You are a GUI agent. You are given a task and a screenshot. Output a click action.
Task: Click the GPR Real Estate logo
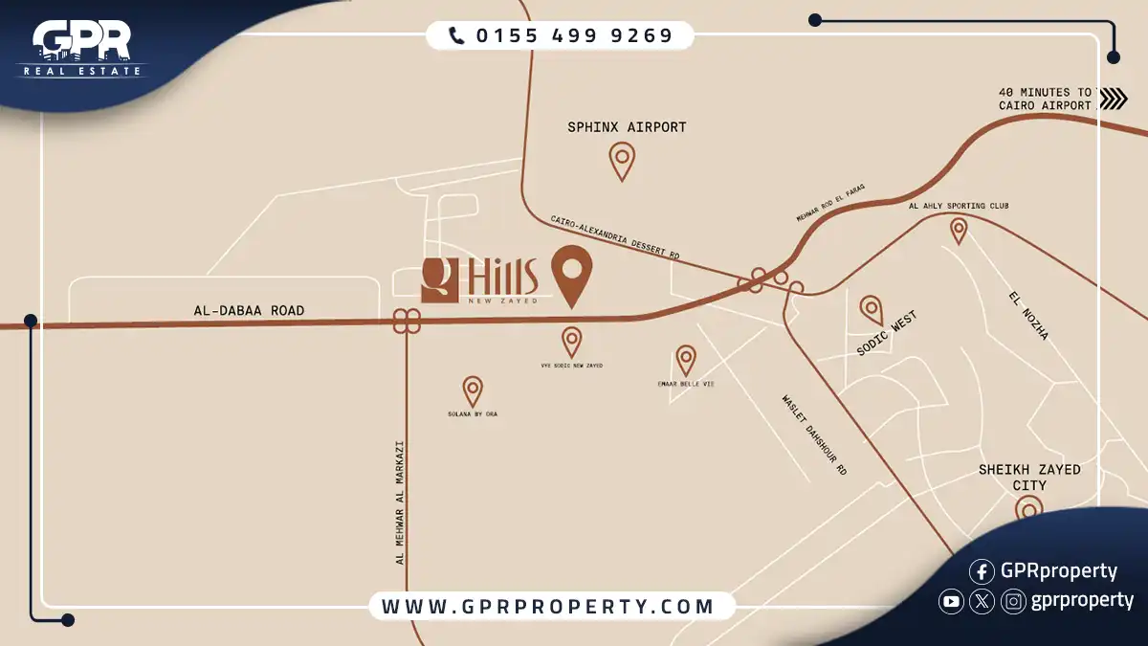click(81, 48)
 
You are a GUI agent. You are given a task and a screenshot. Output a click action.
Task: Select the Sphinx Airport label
click(627, 126)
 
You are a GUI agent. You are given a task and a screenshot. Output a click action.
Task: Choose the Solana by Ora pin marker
click(473, 389)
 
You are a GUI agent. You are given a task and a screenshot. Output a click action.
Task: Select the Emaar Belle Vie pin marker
click(686, 358)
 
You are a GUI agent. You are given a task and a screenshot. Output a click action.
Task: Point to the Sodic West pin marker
click(871, 308)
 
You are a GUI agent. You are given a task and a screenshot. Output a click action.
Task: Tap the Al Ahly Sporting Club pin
click(958, 229)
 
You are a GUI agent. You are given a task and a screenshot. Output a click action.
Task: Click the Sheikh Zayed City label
click(1029, 477)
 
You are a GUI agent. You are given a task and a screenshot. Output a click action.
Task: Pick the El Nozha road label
click(1028, 316)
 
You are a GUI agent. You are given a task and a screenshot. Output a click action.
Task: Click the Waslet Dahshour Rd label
click(814, 435)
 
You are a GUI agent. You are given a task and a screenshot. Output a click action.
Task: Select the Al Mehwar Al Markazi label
click(400, 502)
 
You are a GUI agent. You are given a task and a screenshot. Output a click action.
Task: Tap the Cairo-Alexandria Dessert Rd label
click(614, 237)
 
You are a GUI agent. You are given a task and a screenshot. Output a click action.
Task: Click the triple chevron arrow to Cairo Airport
click(1113, 99)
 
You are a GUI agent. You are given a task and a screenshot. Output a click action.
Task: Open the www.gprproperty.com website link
click(548, 606)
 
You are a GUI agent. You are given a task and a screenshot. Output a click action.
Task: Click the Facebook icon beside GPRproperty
click(982, 571)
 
